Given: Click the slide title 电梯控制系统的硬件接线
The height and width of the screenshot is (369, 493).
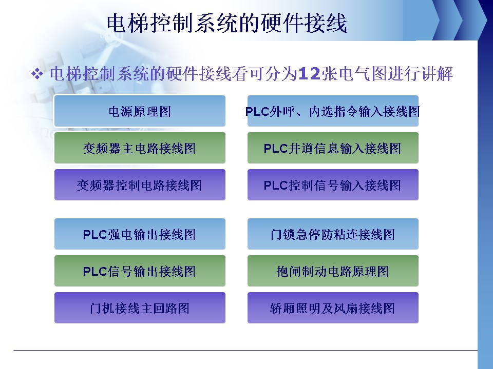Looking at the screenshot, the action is click(226, 23).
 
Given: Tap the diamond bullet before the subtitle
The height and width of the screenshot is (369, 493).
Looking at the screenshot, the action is click(37, 74).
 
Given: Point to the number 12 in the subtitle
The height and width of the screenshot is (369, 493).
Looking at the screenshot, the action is click(309, 74).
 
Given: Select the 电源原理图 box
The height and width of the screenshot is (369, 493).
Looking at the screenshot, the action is click(140, 111).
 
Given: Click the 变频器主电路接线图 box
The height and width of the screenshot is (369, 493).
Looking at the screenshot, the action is click(140, 148).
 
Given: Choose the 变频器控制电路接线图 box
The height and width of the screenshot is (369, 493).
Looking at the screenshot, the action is click(140, 185).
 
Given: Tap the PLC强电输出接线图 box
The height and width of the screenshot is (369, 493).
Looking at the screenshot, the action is click(140, 234).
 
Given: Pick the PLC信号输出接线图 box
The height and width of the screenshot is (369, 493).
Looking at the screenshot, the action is click(140, 271).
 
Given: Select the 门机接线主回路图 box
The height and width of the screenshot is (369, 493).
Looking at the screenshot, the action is click(140, 308).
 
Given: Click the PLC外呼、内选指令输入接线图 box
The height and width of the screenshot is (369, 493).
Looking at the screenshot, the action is click(333, 111).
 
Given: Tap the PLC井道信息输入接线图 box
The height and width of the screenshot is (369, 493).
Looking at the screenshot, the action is click(333, 148).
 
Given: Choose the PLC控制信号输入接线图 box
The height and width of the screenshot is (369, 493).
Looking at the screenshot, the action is click(333, 185).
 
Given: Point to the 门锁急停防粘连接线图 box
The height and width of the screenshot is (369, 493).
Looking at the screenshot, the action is click(333, 234).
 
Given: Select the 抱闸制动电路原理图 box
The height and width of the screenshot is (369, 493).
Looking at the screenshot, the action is click(333, 271).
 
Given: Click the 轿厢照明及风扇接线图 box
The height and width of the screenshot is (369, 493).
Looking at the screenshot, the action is click(333, 308).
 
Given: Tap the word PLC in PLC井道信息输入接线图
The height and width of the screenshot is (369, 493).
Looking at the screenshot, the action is click(276, 149).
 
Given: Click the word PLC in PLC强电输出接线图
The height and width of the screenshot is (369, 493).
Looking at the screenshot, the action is click(96, 234).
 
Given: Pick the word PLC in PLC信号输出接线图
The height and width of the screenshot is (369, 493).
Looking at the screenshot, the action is click(96, 272).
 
